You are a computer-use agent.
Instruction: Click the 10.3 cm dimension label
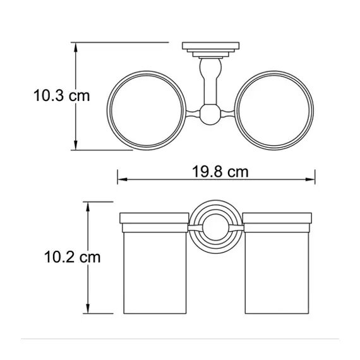pos(61,95)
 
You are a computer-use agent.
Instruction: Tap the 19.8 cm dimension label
pos(220,172)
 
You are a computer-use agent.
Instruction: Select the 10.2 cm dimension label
pos(72,257)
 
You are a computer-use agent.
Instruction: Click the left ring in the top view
pos(107,110)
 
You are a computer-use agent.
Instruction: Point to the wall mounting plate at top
pos(211,45)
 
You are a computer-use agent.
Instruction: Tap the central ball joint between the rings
pos(210,114)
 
